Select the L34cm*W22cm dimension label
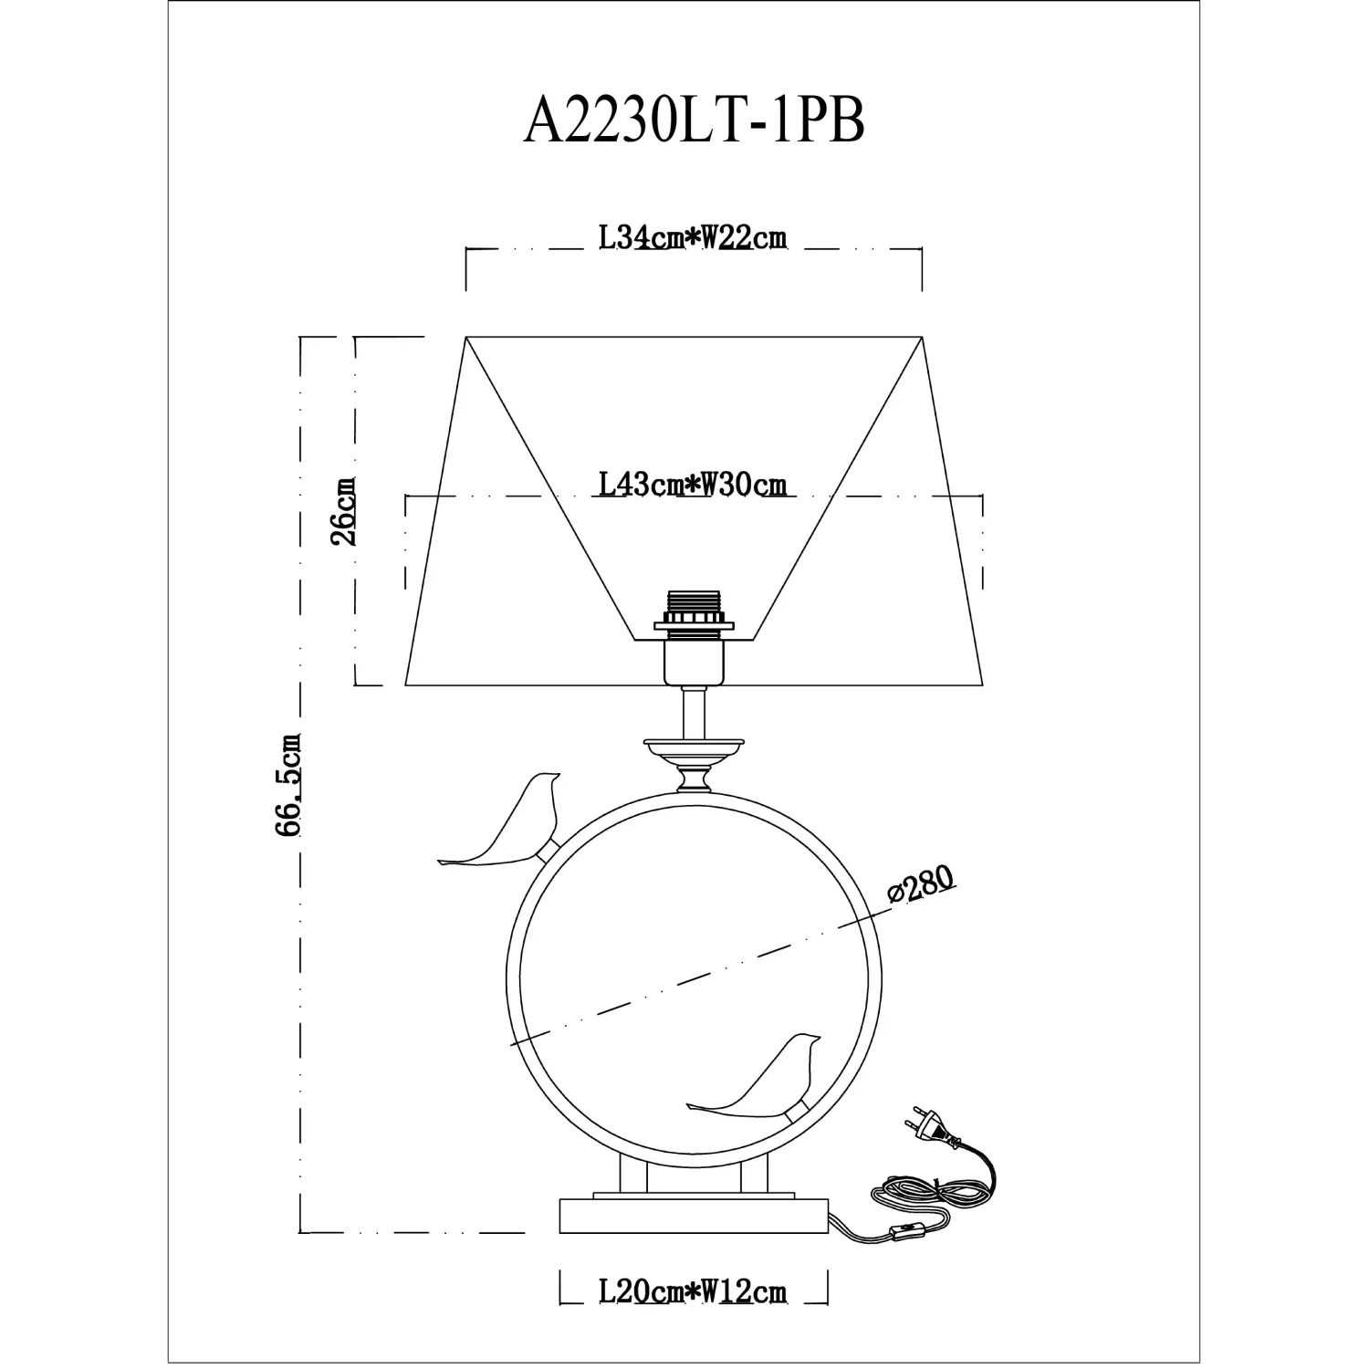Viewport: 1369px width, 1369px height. (x=693, y=238)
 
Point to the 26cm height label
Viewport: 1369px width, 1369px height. (x=344, y=511)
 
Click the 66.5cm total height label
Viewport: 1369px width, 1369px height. (x=287, y=785)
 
